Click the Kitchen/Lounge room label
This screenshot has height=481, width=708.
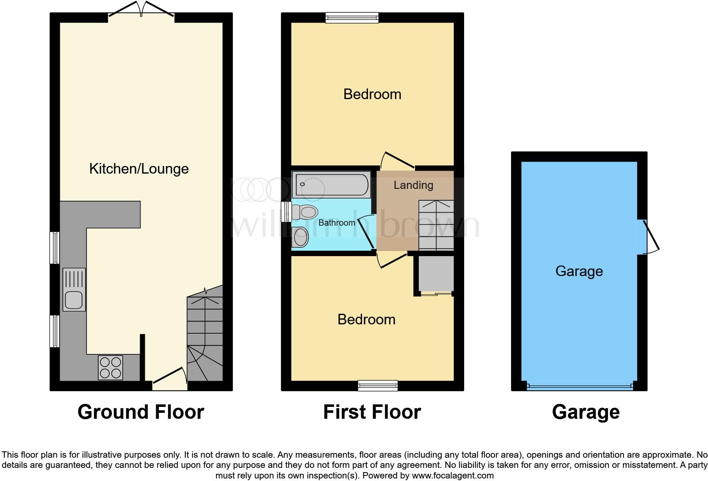(139, 169)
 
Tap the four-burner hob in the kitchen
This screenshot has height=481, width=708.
(111, 368)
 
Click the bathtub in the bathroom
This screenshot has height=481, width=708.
(332, 185)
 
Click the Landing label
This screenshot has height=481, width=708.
(413, 185)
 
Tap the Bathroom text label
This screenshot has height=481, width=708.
(337, 223)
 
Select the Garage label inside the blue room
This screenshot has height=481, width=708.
(579, 271)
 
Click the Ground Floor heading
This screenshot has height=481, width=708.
(141, 412)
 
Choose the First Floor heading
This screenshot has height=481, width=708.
(372, 412)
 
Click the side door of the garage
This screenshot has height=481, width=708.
(650, 237)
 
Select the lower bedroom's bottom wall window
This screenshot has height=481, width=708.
(378, 385)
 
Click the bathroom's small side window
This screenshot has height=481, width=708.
(287, 211)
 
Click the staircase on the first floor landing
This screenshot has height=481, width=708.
(436, 225)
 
